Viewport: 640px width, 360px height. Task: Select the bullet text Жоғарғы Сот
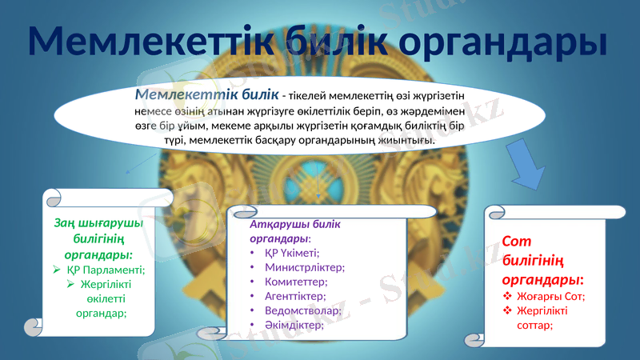(x=551, y=297)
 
